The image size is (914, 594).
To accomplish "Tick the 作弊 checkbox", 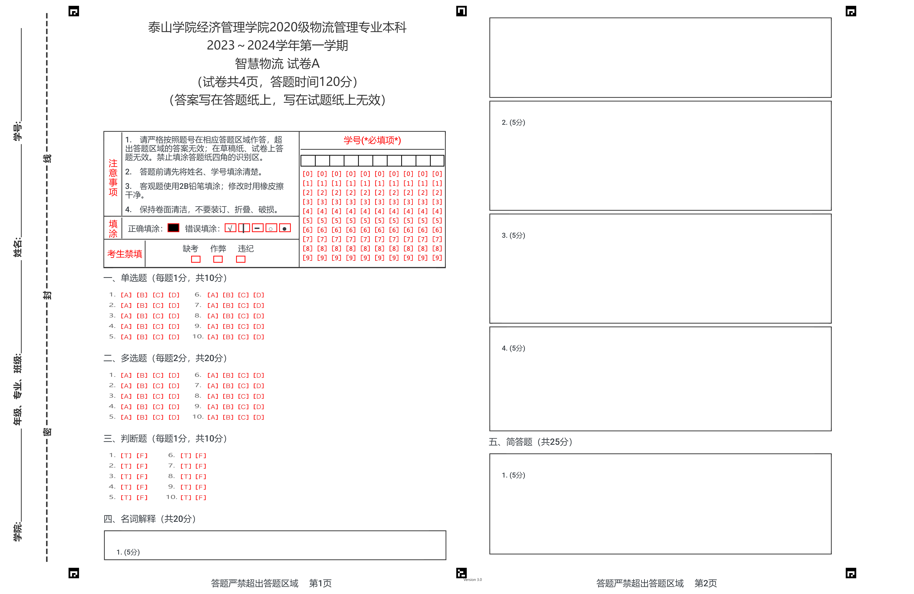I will [x=218, y=259].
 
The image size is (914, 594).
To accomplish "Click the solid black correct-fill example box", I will [x=173, y=228].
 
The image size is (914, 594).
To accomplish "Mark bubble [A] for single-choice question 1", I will [x=126, y=295].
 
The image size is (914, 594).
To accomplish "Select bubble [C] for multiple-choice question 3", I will [x=158, y=396].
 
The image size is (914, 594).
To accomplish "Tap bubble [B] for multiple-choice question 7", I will [x=228, y=386].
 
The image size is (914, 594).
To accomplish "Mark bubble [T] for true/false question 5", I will [x=126, y=498].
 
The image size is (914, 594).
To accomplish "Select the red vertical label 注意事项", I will [x=113, y=177].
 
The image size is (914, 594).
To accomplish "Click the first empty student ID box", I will [x=308, y=161].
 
